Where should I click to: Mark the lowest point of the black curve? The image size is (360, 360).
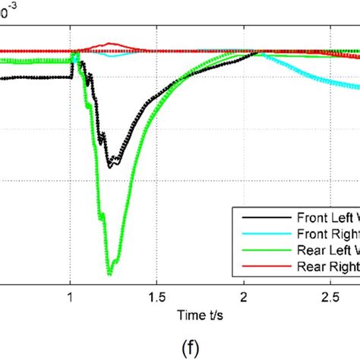[x=110, y=166]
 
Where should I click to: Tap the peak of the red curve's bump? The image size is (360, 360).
[x=111, y=43]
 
